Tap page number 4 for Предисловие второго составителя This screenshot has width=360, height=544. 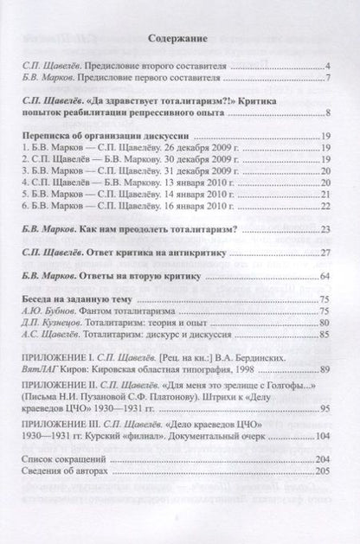(x=331, y=66)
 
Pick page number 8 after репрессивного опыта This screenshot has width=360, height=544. (x=331, y=114)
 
